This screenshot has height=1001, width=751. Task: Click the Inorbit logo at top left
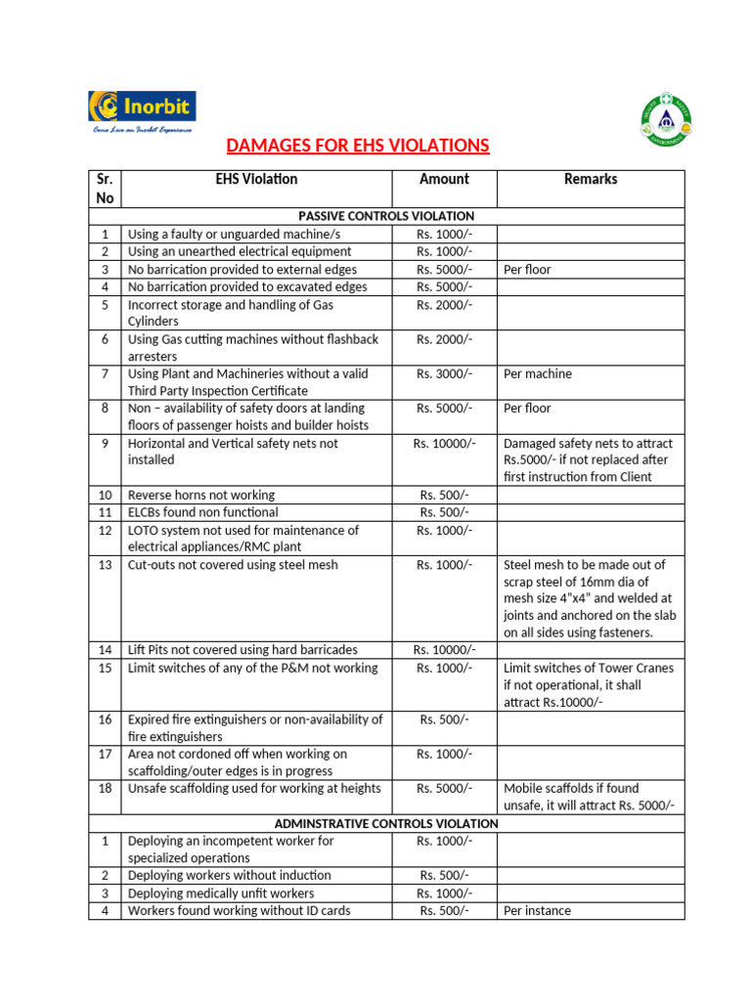click(142, 110)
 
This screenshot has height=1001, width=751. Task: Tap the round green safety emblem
click(666, 119)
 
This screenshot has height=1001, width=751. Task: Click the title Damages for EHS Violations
click(357, 147)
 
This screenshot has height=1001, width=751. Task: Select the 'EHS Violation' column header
click(256, 180)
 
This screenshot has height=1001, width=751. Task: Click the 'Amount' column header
click(444, 180)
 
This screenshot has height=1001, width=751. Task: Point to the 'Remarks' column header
click(591, 180)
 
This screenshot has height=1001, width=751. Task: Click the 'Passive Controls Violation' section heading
click(386, 216)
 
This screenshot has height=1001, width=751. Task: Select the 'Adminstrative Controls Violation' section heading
click(386, 824)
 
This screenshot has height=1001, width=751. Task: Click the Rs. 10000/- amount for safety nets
click(444, 443)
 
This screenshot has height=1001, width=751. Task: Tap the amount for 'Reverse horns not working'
click(444, 495)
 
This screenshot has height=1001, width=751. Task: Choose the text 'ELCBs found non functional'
click(203, 512)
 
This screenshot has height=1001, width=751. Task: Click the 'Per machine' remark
click(538, 373)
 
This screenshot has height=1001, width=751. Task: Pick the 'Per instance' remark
click(538, 911)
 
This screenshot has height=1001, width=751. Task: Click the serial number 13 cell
click(105, 565)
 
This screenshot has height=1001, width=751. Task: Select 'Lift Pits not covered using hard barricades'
click(243, 650)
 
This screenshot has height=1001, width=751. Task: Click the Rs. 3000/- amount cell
click(444, 373)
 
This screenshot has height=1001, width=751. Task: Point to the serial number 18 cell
click(105, 789)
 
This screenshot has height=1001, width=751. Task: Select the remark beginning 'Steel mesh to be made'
click(590, 598)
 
